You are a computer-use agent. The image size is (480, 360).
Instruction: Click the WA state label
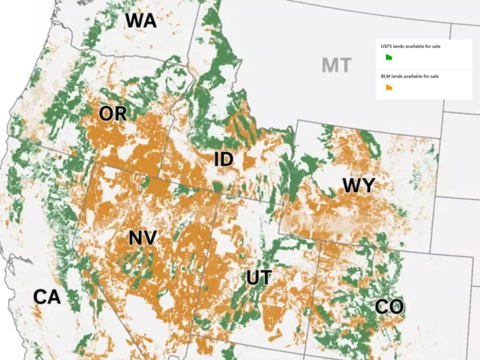141,20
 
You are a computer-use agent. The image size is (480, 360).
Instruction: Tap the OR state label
112,114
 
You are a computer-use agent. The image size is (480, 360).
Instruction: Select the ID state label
223,159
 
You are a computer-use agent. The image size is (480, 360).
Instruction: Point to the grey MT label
336,64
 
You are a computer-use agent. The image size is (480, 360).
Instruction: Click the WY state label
358,186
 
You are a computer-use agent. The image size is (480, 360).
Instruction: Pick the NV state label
142,238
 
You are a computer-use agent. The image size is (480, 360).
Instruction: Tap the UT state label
258,277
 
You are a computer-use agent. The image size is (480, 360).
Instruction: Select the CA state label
47,296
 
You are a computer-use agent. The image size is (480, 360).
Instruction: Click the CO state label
389,307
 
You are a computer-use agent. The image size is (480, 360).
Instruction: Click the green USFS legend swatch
388,57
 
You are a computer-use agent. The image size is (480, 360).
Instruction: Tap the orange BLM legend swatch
388,87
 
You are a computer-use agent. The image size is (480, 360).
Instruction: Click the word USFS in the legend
387,46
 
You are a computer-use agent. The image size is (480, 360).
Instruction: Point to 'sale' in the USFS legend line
435,46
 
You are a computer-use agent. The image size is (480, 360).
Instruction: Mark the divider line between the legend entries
424,69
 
